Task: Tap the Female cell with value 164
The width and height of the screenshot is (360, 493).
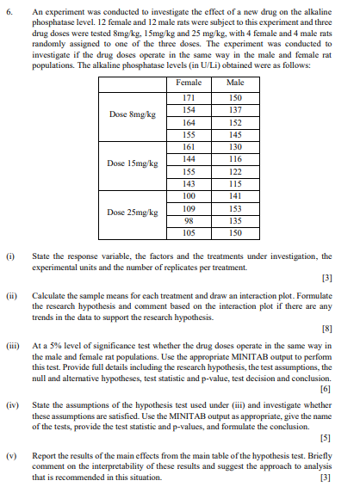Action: click(x=188, y=123)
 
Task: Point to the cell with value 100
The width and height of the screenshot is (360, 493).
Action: click(x=188, y=195)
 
